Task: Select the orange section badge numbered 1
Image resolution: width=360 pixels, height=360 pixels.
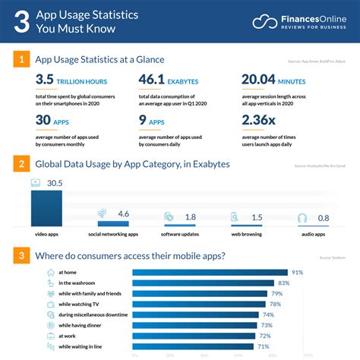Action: [x=22, y=59]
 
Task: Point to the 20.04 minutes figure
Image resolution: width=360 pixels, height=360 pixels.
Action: [x=264, y=80]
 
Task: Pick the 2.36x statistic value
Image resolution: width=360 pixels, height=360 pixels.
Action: [x=261, y=120]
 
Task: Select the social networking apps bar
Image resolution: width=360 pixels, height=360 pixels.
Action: [x=113, y=224]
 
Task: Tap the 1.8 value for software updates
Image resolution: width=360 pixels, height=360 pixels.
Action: [x=190, y=217]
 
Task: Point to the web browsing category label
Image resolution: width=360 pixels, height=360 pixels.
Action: [x=246, y=233]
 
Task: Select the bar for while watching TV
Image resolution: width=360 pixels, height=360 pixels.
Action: [x=201, y=304]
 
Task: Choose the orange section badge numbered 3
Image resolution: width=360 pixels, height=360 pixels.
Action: [x=22, y=255]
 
